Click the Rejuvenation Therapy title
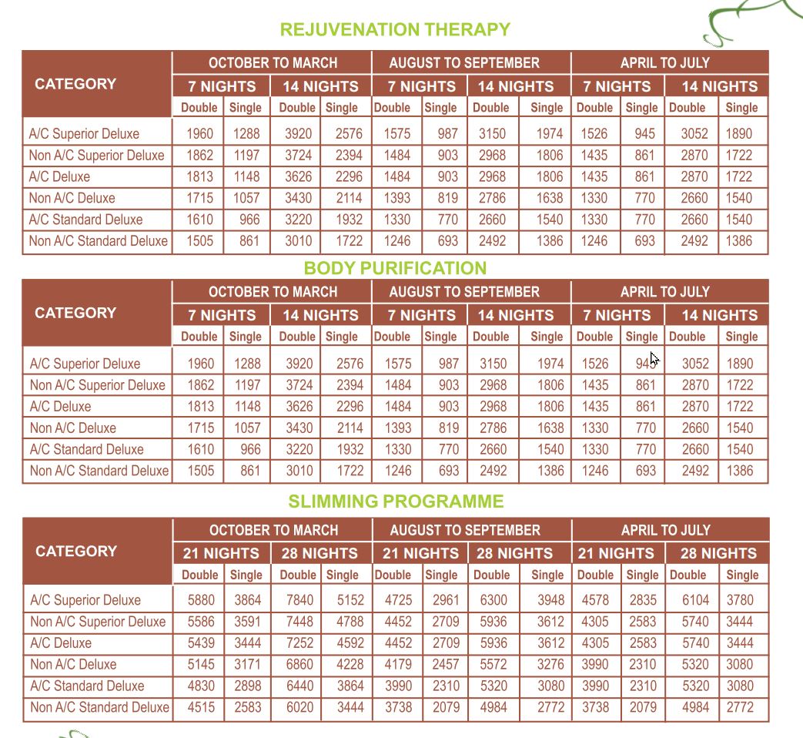(x=395, y=30)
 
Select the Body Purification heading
(x=395, y=268)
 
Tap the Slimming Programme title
(x=396, y=502)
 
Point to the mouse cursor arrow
(x=654, y=358)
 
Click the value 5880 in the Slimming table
(x=200, y=600)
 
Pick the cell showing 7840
(x=299, y=600)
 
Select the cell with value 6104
(x=695, y=600)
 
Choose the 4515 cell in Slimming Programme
(x=200, y=707)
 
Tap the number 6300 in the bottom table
(x=493, y=600)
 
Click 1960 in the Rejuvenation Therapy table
(x=200, y=133)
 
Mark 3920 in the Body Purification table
(x=299, y=364)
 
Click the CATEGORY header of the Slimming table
(x=76, y=552)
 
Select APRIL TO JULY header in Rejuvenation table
(x=665, y=63)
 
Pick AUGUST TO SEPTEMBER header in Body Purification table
(x=464, y=292)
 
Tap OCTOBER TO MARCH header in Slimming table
(x=273, y=530)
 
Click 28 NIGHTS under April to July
(x=718, y=553)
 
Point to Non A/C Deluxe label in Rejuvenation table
(x=72, y=198)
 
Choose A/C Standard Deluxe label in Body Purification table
(x=86, y=449)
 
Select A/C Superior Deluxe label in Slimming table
(x=85, y=600)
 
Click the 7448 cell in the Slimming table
(x=299, y=622)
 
